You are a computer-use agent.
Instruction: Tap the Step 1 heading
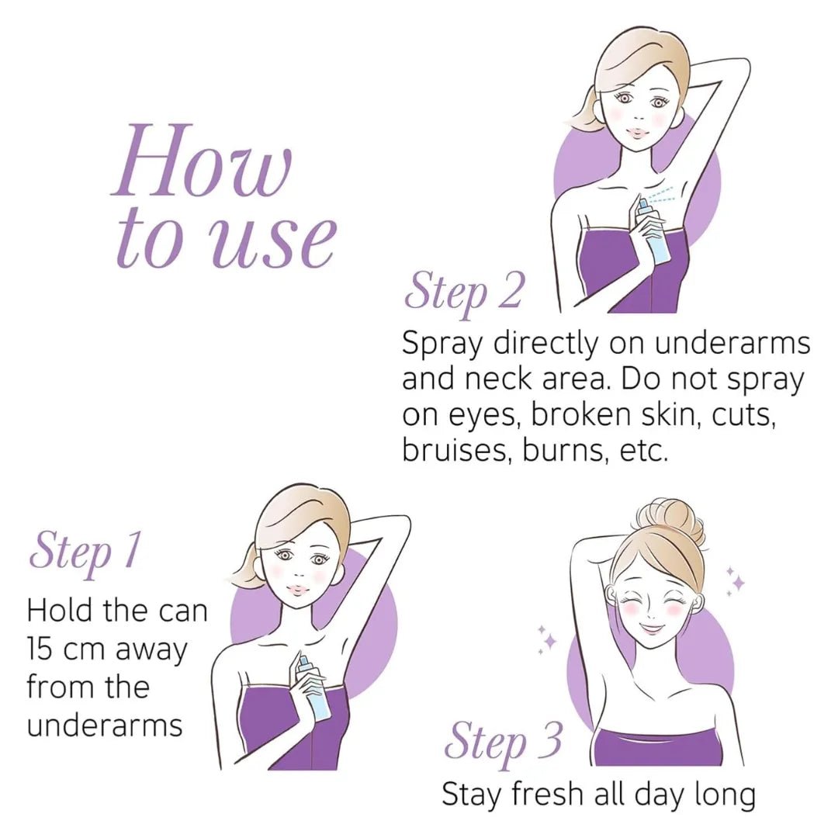[85, 552]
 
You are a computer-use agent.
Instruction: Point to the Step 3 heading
[503, 741]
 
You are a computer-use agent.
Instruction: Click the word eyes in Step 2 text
[475, 415]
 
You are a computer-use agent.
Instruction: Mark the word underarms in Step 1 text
[105, 725]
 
